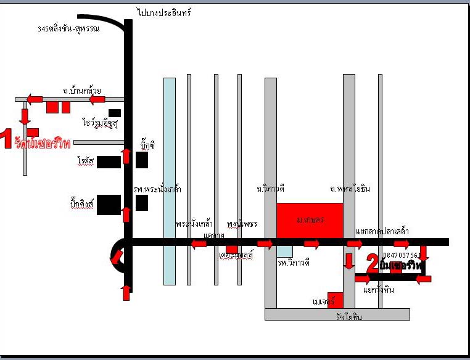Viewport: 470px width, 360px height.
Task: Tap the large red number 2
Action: [x=373, y=264]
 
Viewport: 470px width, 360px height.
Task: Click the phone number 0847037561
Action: [x=402, y=255]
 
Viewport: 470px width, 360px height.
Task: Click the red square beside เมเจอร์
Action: [x=335, y=300]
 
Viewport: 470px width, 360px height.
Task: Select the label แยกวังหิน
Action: [x=379, y=290]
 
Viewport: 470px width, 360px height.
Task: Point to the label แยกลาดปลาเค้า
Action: [x=382, y=232]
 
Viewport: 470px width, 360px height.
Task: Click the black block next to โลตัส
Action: [x=109, y=162]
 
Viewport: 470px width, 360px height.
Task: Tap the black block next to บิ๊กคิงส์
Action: [x=109, y=205]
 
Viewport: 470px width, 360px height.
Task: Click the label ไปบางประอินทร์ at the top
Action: [x=165, y=12]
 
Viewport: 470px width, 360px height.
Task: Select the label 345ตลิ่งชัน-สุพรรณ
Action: [x=68, y=28]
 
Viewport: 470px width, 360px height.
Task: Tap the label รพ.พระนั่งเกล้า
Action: [x=157, y=189]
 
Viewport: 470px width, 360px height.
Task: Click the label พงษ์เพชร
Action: [x=242, y=223]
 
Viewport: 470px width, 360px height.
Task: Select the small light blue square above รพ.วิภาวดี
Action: [x=284, y=251]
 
